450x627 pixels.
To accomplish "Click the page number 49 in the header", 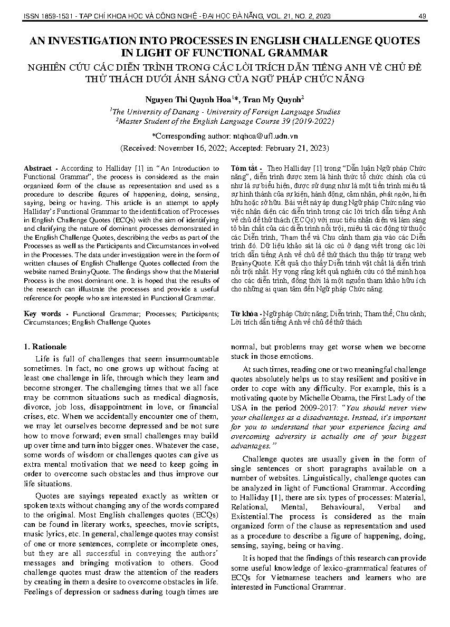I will click(x=422, y=16).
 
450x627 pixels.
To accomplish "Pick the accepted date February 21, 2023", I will click(x=296, y=148).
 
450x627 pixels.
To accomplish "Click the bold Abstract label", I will click(x=37, y=168).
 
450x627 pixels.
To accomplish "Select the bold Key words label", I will click(x=42, y=313).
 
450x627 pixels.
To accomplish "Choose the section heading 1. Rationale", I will click(x=46, y=347).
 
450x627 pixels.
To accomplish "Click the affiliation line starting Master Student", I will click(x=224, y=121).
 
